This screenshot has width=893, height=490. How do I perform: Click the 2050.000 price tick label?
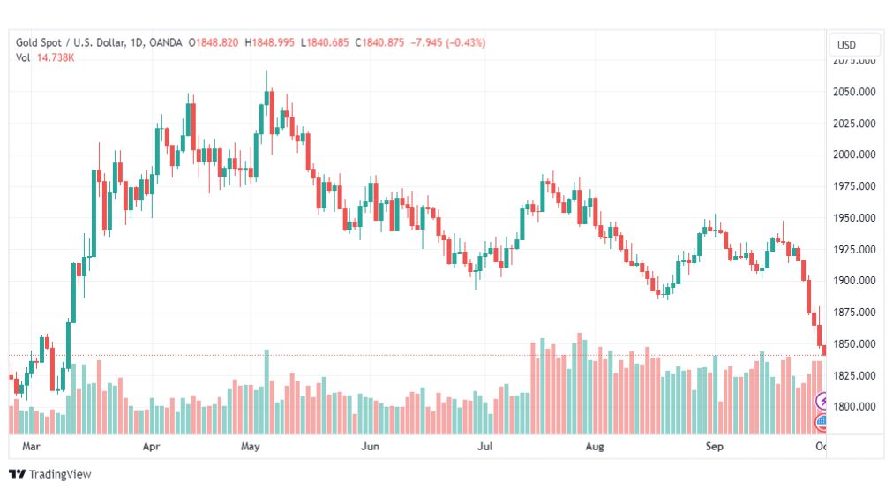click(x=854, y=92)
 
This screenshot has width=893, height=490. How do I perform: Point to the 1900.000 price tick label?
click(x=854, y=281)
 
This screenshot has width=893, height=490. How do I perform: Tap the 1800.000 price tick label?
click(x=854, y=407)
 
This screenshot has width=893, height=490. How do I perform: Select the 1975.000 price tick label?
click(x=854, y=186)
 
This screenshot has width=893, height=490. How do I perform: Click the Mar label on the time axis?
click(x=33, y=448)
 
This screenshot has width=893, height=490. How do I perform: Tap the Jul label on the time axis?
click(x=484, y=448)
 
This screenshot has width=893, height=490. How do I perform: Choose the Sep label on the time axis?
click(x=715, y=448)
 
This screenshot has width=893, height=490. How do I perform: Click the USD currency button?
click(x=846, y=45)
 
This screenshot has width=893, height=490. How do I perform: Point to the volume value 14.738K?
click(x=56, y=57)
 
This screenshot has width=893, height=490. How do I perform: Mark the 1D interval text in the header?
click(x=137, y=42)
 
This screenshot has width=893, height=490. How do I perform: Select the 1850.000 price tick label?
click(x=854, y=343)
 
